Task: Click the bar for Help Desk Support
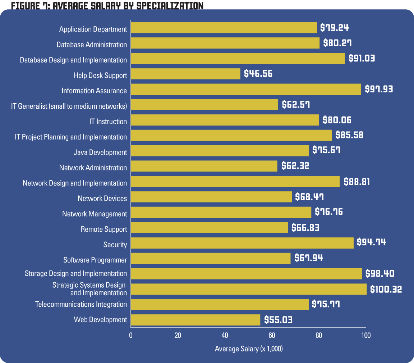[185, 74]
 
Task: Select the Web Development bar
[195, 320]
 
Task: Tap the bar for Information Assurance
[246, 89]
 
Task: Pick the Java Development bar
[220, 151]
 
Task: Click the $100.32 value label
[386, 289]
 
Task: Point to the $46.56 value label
[258, 74]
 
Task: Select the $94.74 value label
[371, 242]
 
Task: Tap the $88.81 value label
[356, 181]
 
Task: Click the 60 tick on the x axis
[272, 335]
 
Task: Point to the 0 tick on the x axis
[131, 335]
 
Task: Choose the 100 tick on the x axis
[366, 335]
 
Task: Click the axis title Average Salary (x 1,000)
[249, 349]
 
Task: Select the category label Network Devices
[102, 198]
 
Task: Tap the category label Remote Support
[104, 229]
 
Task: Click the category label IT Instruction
[108, 122]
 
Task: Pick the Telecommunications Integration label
[81, 305]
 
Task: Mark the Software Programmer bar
[211, 258]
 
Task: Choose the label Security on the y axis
[115, 245]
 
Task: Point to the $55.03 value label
[278, 320]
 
